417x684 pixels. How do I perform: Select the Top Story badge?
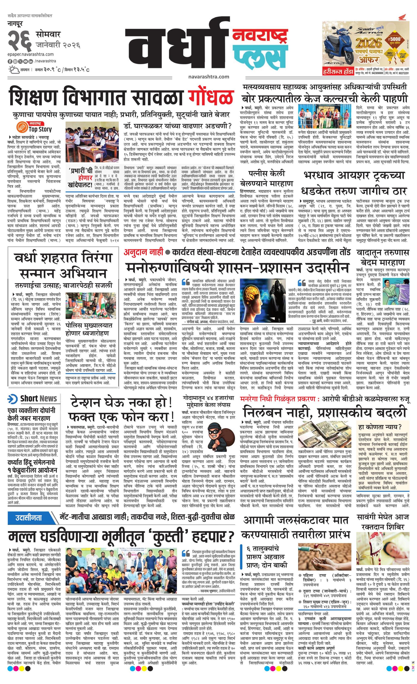point(35,128)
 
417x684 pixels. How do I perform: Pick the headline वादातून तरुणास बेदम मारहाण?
point(383,257)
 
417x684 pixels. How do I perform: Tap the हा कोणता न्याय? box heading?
point(379,427)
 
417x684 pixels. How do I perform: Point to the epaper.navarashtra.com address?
point(31,54)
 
